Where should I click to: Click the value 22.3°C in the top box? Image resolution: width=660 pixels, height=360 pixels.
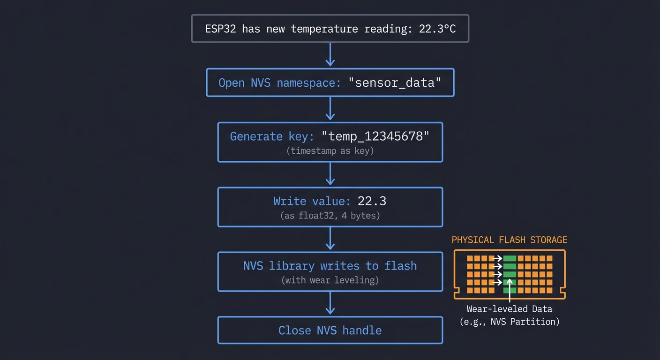tap(437, 29)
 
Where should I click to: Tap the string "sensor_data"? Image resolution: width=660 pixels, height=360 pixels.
tap(395, 83)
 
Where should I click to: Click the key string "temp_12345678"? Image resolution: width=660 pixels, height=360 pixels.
tap(375, 136)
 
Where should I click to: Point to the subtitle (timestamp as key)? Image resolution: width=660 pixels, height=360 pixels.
tap(330, 151)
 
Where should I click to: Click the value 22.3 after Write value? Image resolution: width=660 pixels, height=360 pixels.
tap(372, 201)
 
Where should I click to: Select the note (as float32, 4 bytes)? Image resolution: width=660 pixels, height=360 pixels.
tap(330, 216)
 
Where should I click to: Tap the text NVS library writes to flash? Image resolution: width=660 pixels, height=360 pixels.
tap(330, 266)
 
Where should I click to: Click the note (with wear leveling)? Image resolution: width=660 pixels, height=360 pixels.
tap(330, 280)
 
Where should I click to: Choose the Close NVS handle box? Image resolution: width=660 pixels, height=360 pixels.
tap(330, 330)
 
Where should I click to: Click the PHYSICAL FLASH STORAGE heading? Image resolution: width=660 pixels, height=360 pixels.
tap(509, 240)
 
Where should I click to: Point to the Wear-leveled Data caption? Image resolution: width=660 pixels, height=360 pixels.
tap(509, 309)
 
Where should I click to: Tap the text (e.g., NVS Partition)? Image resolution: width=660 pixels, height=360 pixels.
tap(509, 322)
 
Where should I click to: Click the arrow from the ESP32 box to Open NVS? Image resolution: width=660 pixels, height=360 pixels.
tap(330, 55)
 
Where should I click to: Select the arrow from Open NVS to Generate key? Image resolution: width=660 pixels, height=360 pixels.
tap(330, 109)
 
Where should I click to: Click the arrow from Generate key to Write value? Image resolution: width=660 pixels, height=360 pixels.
tap(330, 174)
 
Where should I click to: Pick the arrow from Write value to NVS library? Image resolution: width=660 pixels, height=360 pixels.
tap(330, 239)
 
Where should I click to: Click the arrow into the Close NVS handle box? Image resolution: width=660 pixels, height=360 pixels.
tap(330, 303)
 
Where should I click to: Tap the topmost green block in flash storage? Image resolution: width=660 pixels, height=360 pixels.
tap(510, 258)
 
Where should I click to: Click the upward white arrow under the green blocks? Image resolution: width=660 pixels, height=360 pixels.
tap(510, 291)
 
